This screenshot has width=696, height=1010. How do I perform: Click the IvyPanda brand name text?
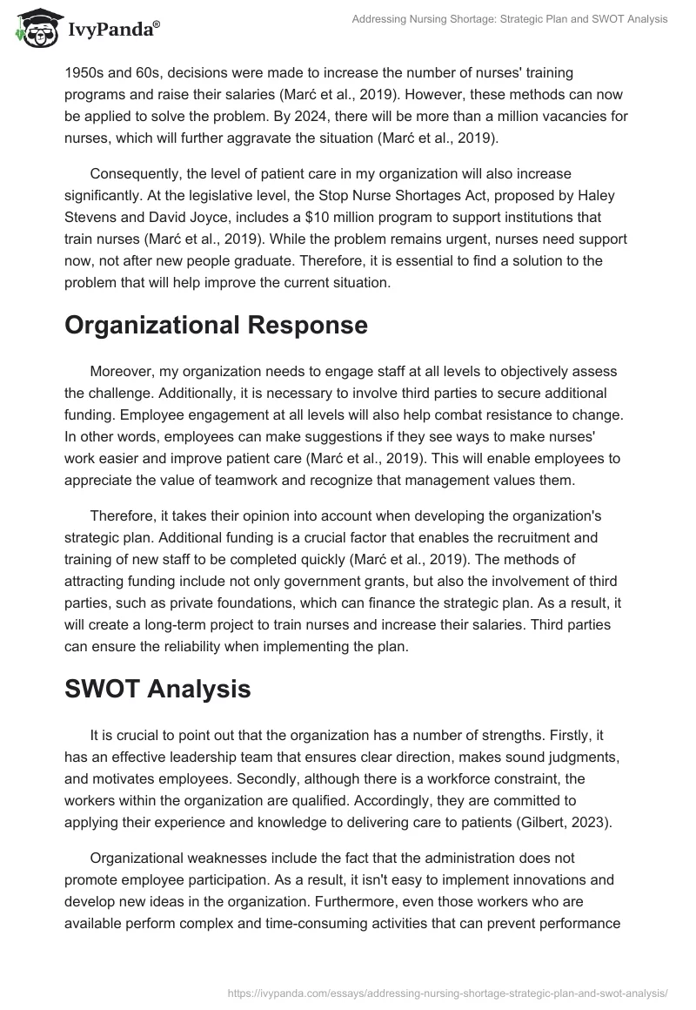(111, 30)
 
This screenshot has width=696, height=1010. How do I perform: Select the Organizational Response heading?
(216, 325)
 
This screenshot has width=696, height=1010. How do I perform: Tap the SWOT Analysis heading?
(157, 688)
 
